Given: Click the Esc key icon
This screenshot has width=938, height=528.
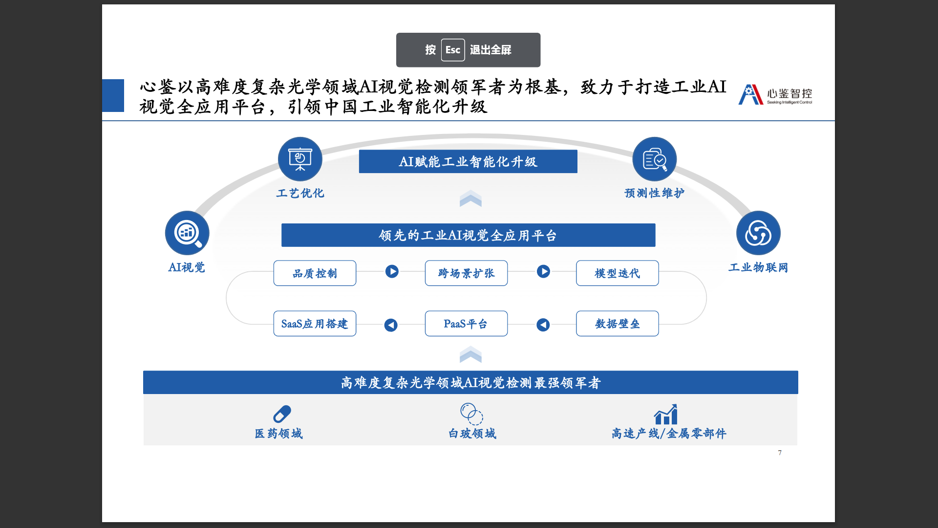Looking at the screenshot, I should click(452, 50).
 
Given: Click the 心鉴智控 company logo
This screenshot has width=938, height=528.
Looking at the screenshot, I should click(775, 94).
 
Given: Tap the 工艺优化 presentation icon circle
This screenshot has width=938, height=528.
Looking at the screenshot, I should click(300, 159).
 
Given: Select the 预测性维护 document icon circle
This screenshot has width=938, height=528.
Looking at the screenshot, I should click(654, 159).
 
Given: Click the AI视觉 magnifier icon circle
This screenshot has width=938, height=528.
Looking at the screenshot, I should click(187, 233).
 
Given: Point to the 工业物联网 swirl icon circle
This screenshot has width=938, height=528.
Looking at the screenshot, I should click(758, 233).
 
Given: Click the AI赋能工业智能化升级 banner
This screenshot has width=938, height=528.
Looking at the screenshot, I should click(468, 161).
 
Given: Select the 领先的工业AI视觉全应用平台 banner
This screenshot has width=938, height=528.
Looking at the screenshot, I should click(468, 235).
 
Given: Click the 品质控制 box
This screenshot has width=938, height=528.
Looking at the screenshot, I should click(315, 273).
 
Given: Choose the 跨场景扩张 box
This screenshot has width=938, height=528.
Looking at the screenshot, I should click(466, 273).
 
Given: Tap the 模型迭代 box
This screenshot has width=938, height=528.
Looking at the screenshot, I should click(617, 273).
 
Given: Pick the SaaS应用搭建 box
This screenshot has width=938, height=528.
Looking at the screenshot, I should click(315, 324).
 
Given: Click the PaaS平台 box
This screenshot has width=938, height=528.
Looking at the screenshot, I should click(466, 324).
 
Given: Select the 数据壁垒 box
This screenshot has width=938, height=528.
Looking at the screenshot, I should click(617, 324).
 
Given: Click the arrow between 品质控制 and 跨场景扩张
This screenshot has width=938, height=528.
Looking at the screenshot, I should click(392, 271).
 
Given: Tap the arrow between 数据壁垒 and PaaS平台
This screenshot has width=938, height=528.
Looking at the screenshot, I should click(543, 325).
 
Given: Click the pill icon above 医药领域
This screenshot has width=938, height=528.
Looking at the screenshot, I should click(282, 414).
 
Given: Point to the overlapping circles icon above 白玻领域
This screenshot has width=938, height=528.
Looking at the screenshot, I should click(471, 414).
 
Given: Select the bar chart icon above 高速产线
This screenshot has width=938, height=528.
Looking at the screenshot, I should click(666, 415).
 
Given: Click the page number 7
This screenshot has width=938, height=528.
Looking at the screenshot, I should click(780, 453).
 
